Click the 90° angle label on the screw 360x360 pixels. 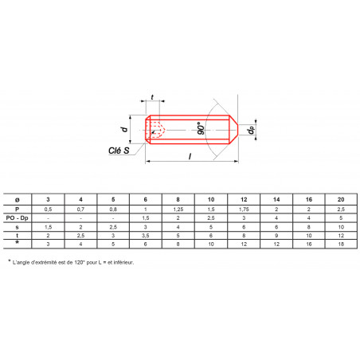[x=201, y=128]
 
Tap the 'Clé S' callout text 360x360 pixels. [x=119, y=151]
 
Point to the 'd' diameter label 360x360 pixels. [x=124, y=129]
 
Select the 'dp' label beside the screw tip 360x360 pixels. [x=250, y=130]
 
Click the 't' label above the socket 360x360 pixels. [x=152, y=97]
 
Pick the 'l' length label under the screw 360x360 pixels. [x=190, y=156]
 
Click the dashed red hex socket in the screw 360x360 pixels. [x=156, y=130]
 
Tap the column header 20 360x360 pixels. [x=341, y=199]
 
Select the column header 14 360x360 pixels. [x=276, y=199]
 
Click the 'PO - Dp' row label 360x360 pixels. [x=18, y=218]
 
